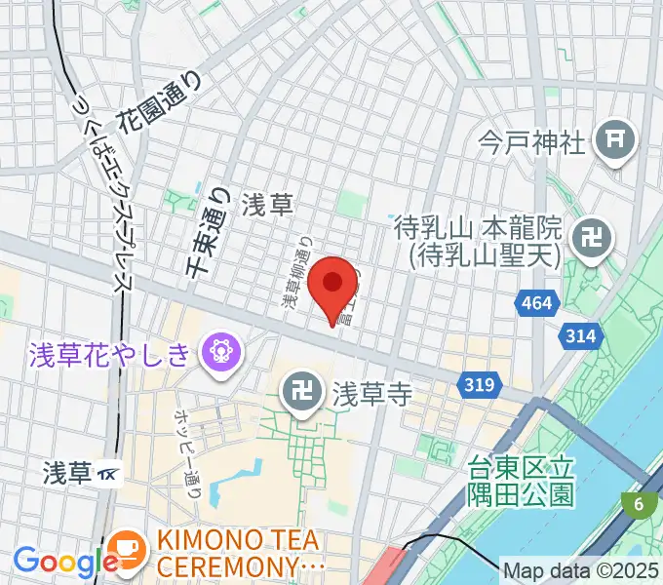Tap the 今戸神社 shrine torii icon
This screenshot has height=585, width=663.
(616, 139)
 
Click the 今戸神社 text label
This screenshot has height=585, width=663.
(533, 143)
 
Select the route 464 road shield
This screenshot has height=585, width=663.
(536, 304)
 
